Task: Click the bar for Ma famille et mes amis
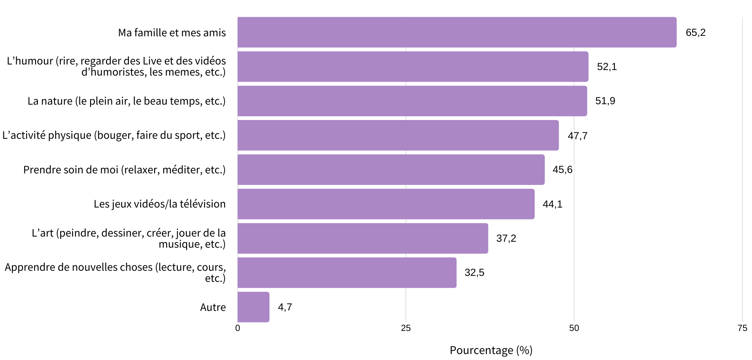457,32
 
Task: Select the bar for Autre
253,307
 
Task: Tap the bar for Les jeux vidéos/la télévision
386,204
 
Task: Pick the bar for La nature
412,101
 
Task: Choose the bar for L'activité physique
398,135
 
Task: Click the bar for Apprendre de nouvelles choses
347,272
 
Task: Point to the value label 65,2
695,32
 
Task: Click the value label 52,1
607,67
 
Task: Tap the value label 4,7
285,307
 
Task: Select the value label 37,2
506,238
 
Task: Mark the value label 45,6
562,170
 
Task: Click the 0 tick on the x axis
238,328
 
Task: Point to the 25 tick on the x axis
406,328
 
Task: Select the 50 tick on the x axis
574,328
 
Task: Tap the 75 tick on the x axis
742,328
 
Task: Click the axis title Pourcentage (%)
491,350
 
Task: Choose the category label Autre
213,307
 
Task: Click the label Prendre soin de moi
124,170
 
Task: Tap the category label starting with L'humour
116,67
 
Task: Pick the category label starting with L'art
129,238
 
